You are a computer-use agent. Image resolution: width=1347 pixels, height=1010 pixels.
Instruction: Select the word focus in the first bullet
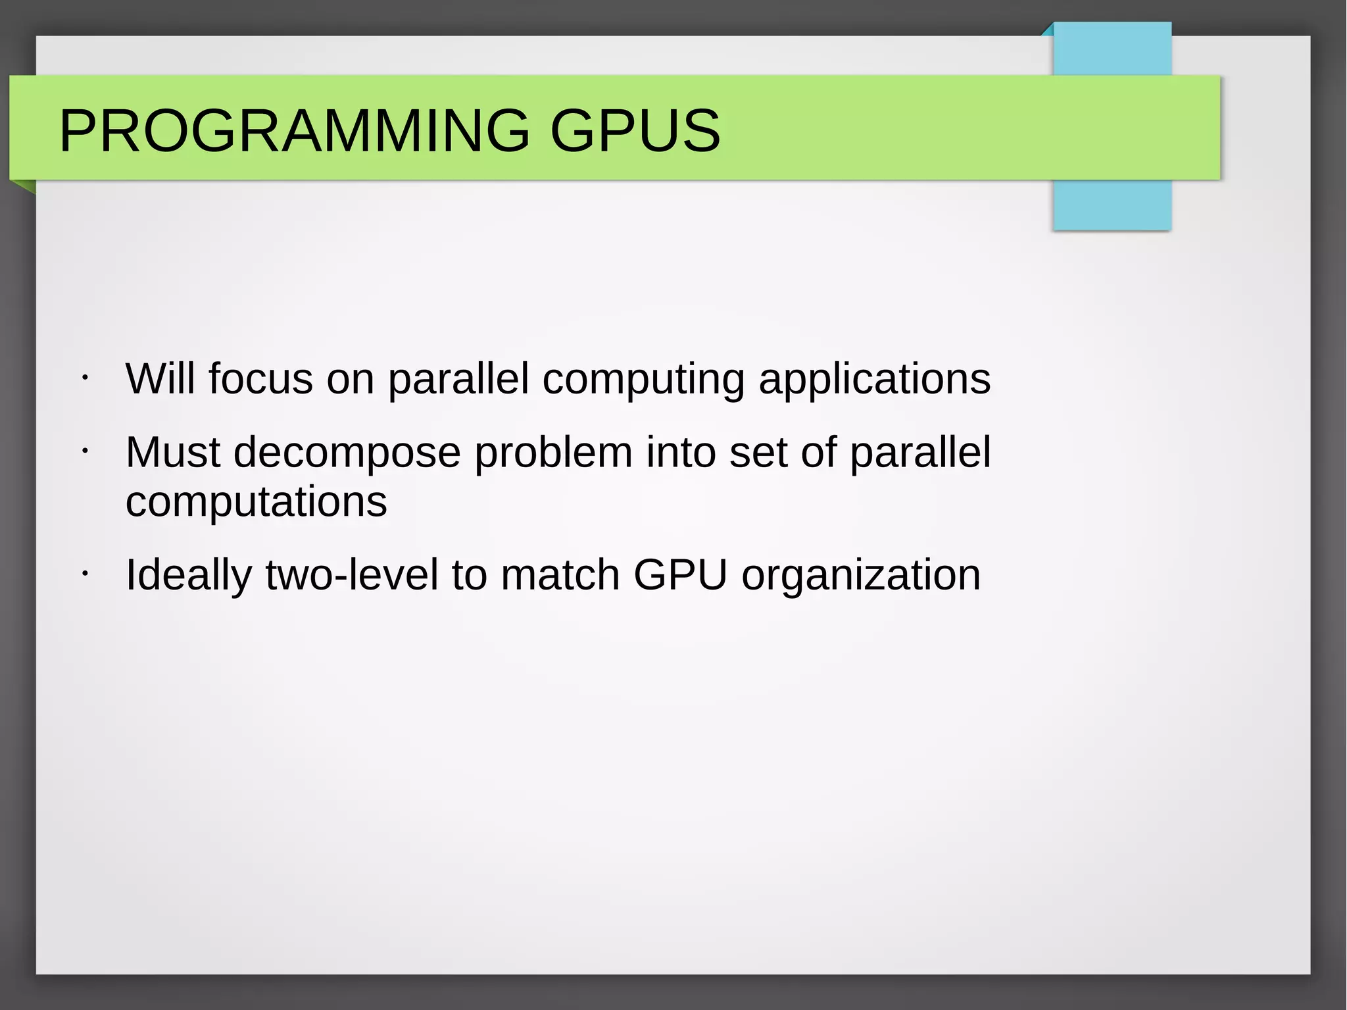[260, 379]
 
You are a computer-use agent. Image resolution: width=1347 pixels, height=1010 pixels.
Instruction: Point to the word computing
[643, 380]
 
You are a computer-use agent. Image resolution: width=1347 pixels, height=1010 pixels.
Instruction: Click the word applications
[874, 380]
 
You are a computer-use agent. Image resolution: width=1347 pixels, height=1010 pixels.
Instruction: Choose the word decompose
[347, 453]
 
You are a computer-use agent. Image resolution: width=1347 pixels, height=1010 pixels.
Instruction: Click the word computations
[256, 502]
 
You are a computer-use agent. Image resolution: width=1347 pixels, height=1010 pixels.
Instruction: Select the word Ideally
[188, 576]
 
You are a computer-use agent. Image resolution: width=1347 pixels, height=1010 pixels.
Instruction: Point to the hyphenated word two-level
[351, 574]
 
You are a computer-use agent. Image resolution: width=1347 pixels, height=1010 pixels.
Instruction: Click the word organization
[861, 576]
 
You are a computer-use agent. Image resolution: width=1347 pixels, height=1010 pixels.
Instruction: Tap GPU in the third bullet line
[680, 574]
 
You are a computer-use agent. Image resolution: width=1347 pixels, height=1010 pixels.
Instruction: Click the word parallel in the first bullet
[458, 380]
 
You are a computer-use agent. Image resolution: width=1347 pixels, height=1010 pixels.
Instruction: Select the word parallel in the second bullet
[920, 453]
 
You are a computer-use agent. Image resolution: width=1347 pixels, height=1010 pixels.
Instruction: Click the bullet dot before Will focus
[85, 378]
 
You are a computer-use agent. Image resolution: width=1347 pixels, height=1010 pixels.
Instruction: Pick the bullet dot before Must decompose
[85, 451]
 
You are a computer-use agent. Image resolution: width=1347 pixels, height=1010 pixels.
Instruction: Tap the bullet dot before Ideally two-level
[85, 574]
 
